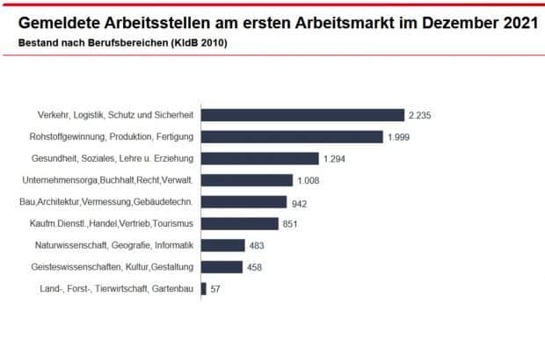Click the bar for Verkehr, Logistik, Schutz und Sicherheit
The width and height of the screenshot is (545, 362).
coord(302,115)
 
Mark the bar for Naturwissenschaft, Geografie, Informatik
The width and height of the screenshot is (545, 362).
coord(222,245)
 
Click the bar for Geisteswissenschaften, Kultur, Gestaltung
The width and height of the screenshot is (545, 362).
coord(222,266)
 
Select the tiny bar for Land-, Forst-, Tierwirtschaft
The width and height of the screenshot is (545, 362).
coord(204,288)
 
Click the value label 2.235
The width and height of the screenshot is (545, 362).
coord(418,115)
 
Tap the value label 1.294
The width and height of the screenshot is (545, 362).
coord(336,158)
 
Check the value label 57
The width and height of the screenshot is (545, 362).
coord(215,288)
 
